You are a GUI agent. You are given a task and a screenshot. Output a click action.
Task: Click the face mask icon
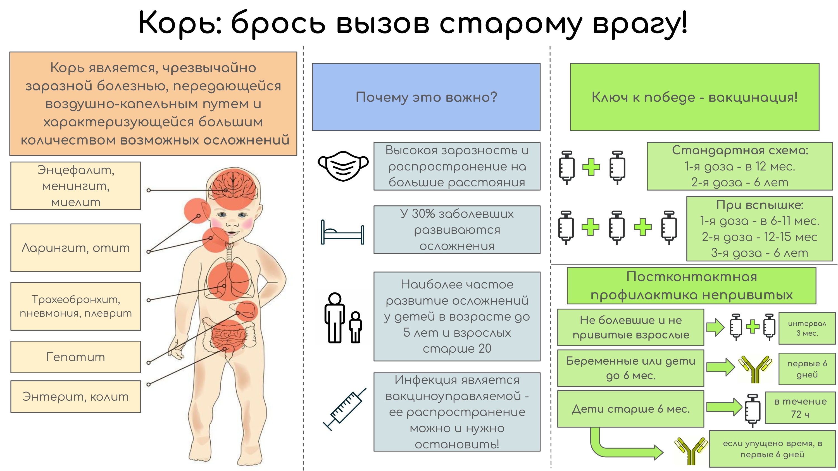343,166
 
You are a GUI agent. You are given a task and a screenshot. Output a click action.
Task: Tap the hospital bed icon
342,233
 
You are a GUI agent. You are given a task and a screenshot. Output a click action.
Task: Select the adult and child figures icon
342,318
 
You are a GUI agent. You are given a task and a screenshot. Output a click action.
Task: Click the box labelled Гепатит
75,357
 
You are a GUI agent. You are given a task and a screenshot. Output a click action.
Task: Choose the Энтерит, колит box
75,396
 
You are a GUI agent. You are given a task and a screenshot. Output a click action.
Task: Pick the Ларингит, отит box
75,248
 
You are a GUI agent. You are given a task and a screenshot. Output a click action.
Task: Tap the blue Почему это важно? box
426,97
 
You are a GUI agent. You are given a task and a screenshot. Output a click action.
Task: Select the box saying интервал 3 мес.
807,328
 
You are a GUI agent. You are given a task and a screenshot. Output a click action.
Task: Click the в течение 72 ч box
800,408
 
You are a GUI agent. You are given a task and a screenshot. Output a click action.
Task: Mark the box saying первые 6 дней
807,369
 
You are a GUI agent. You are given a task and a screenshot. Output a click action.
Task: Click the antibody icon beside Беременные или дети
755,369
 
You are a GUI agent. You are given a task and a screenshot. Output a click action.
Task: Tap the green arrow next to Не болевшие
715,327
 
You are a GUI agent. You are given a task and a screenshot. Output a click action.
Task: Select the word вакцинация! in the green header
753,97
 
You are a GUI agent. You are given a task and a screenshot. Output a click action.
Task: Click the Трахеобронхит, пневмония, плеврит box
75,306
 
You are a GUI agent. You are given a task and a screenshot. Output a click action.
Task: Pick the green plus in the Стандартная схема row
591,167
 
